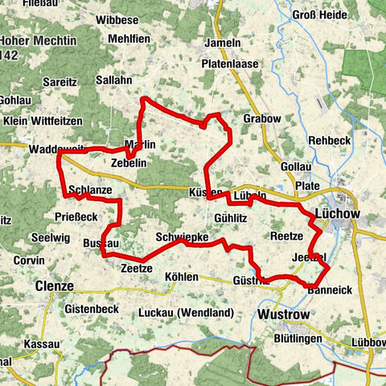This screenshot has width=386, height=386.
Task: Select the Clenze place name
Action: click(54, 285)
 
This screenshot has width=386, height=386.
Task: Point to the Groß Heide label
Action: click(320, 14)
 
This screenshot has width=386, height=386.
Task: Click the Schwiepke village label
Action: click(183, 238)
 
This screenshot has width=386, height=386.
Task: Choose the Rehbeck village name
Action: click(330, 141)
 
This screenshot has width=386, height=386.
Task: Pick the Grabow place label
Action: click(262, 119)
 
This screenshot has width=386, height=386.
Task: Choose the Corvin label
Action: click(28, 261)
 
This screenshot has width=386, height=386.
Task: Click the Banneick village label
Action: click(330, 289)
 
